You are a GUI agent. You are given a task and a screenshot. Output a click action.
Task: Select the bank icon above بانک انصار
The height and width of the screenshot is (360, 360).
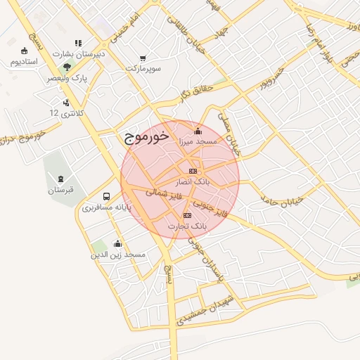coord(193,172)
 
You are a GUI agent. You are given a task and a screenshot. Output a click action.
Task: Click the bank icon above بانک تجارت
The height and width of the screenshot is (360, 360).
coord(187,215)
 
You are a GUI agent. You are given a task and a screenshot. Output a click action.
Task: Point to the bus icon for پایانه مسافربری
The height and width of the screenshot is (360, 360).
coord(106,196)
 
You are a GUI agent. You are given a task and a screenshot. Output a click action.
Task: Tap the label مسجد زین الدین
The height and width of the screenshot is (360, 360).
coord(117,255)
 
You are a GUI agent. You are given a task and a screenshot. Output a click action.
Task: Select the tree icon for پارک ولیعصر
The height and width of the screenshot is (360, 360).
coord(67,67)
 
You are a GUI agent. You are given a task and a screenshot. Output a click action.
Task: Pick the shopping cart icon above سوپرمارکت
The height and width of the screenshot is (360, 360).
coord(143,58)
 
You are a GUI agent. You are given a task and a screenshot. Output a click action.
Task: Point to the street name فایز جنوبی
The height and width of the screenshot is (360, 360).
coord(214,208)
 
